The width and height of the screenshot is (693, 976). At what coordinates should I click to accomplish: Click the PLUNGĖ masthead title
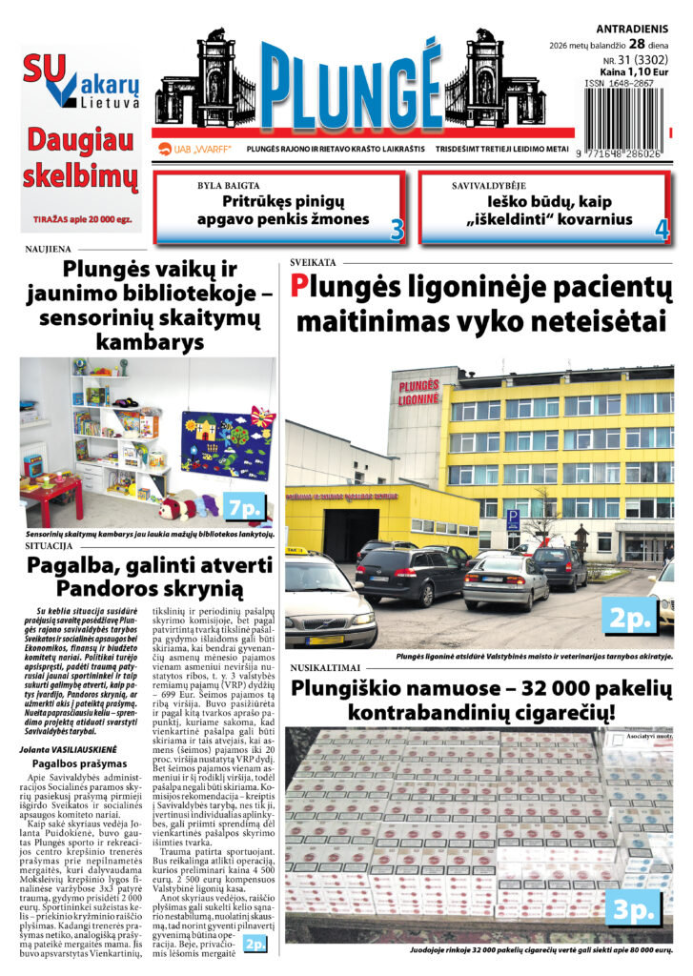[x=351, y=86]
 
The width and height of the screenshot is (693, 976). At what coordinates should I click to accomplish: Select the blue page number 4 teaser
[x=662, y=229]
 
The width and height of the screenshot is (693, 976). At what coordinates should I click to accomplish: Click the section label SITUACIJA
[x=49, y=546]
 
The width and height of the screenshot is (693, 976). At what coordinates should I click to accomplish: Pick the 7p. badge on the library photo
[x=245, y=507]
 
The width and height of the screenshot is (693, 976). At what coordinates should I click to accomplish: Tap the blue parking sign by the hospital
[x=513, y=518]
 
